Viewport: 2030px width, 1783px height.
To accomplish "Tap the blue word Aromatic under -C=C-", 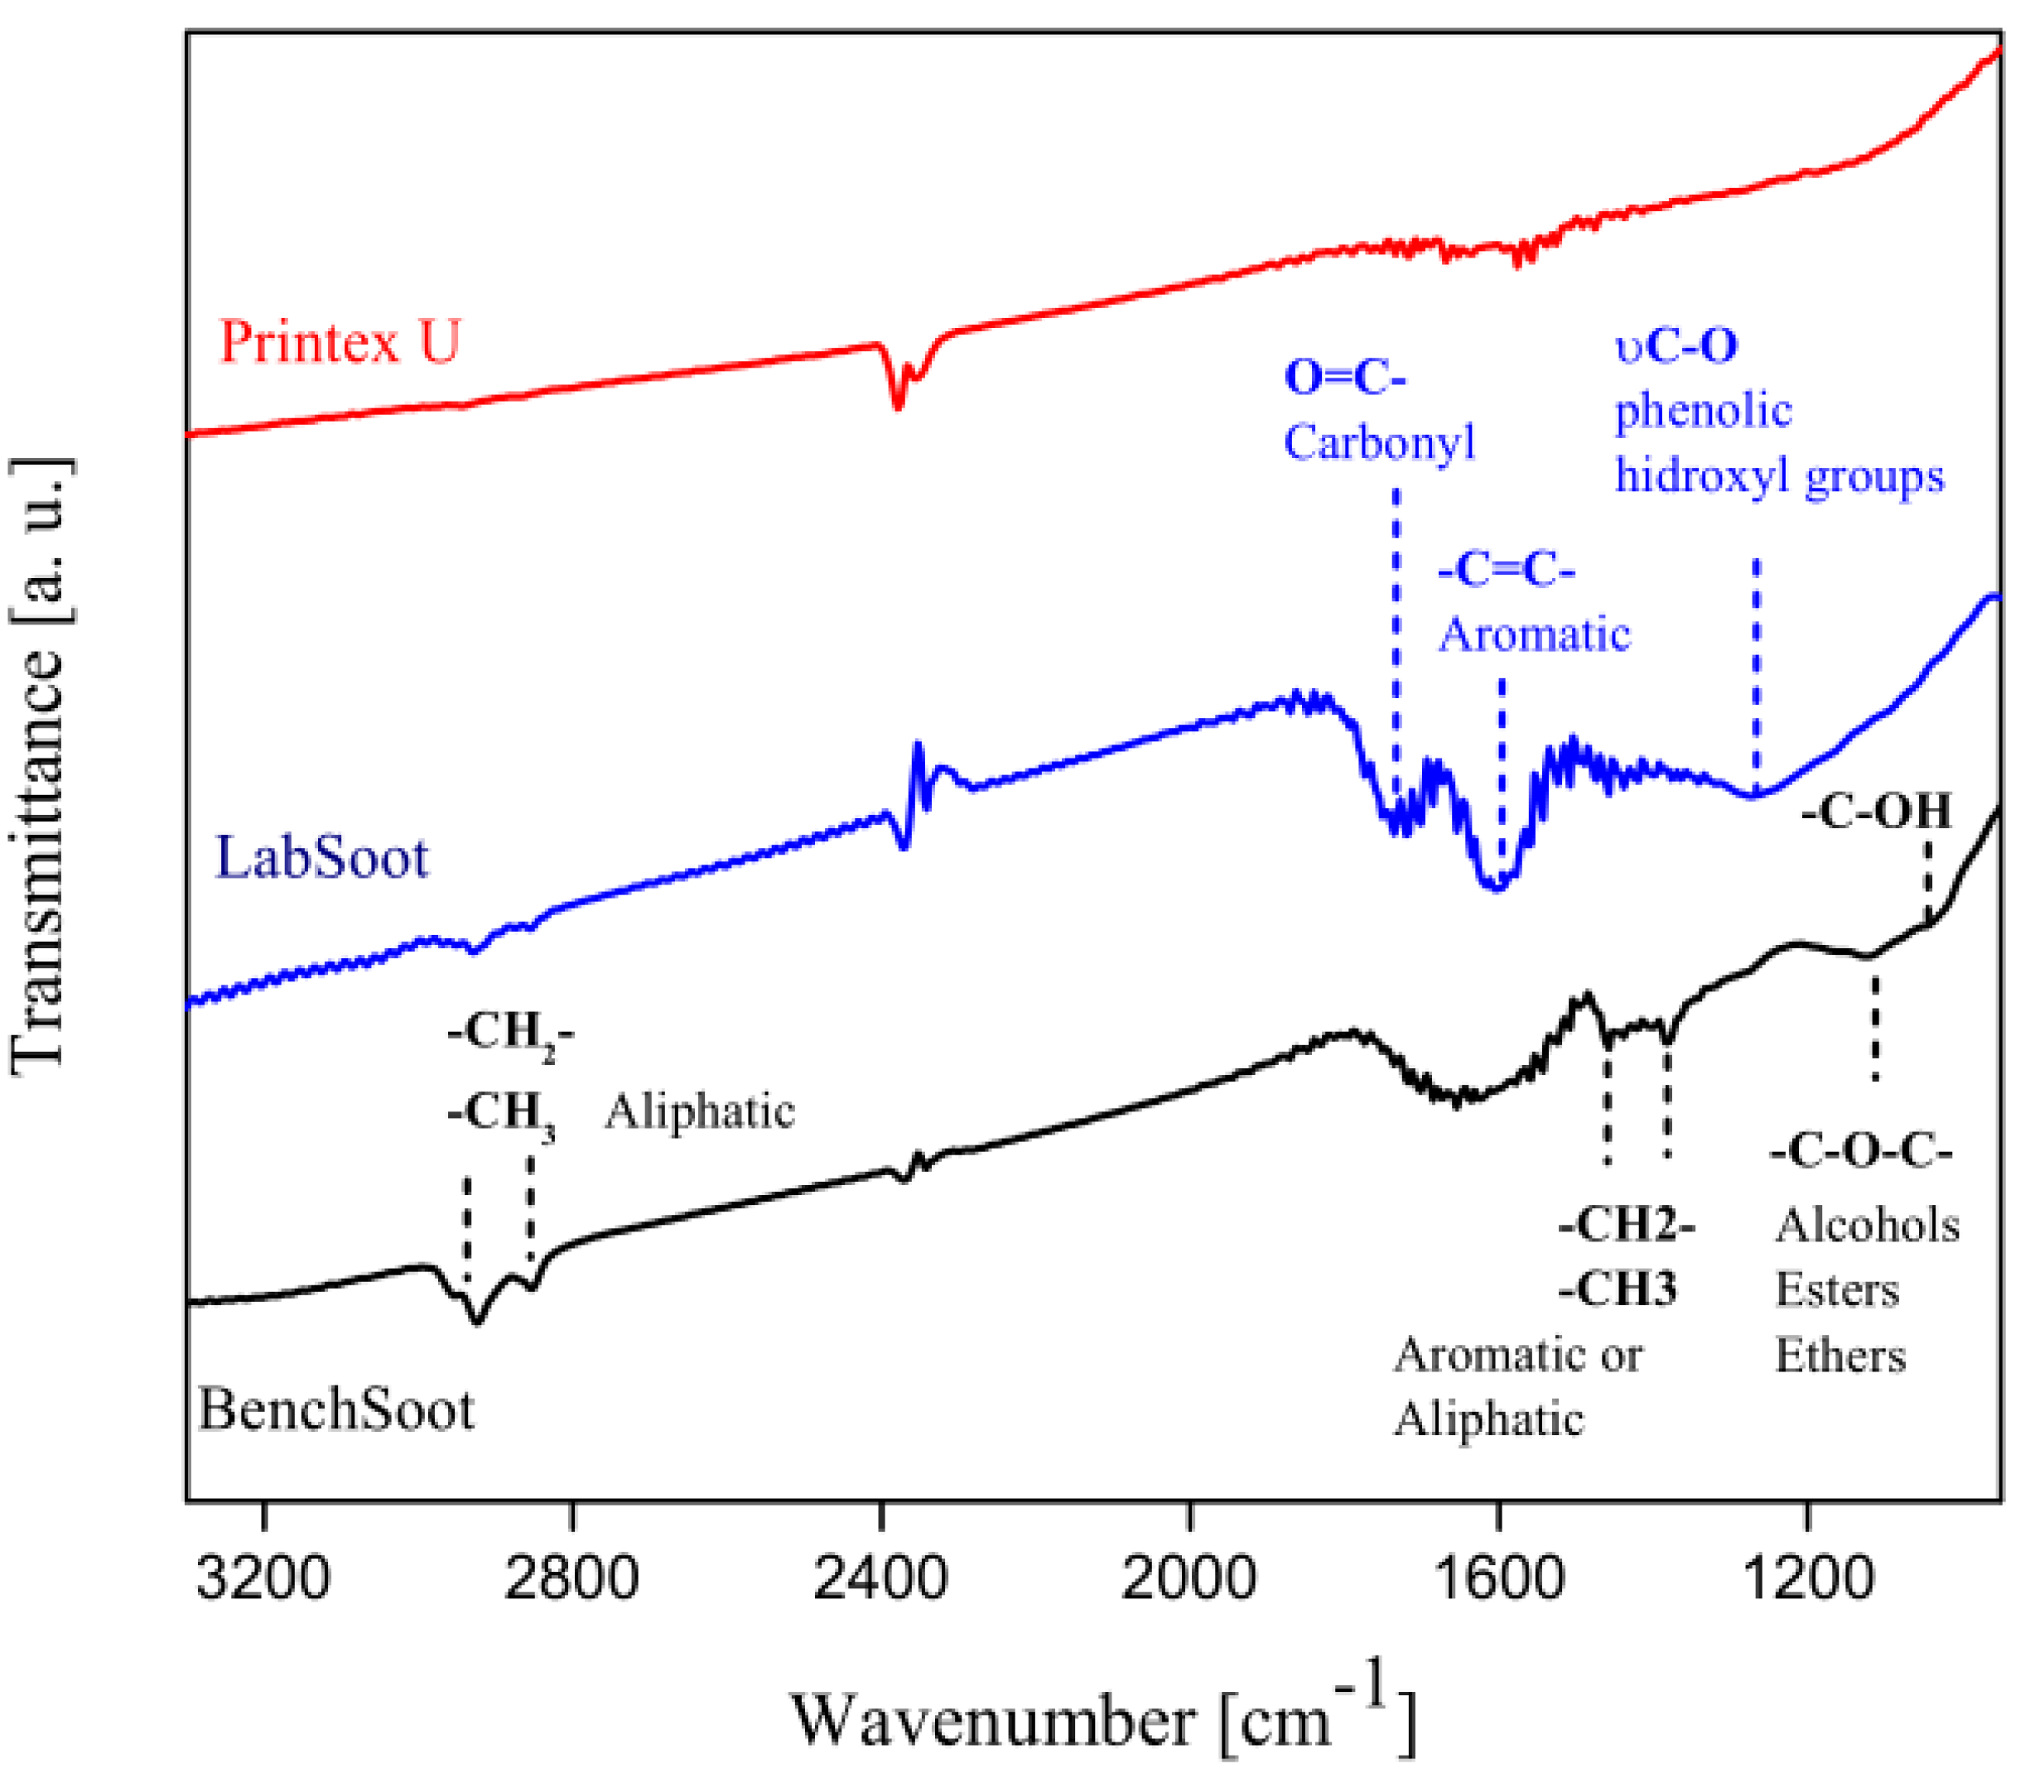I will (1535, 633).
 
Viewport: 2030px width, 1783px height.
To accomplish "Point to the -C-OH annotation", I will (1876, 811).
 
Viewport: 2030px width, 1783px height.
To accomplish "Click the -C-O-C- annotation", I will (1860, 1151).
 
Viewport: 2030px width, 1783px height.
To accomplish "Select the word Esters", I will (1836, 1289).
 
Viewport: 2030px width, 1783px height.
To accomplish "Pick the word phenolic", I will (1702, 409).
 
